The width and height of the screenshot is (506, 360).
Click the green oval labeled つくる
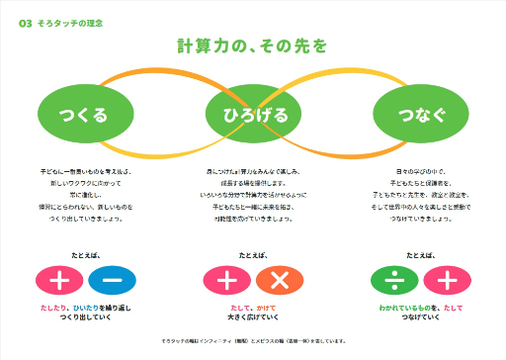(x=84, y=115)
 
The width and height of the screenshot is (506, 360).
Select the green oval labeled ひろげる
(x=252, y=115)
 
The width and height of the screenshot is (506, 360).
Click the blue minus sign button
(x=112, y=280)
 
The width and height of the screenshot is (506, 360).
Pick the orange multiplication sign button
(x=280, y=280)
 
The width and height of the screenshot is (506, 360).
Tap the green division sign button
(x=394, y=280)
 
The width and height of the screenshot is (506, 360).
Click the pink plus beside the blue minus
(x=58, y=280)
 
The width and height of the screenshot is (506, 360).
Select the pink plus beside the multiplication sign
(x=226, y=280)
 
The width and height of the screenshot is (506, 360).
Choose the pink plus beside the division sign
(x=447, y=280)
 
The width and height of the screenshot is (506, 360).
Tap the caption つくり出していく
(x=84, y=319)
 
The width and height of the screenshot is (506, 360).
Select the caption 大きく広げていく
(x=252, y=319)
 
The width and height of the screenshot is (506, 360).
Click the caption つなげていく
(x=421, y=319)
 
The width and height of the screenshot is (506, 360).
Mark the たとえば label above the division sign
(x=421, y=254)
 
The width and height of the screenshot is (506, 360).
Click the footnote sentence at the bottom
(x=252, y=341)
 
